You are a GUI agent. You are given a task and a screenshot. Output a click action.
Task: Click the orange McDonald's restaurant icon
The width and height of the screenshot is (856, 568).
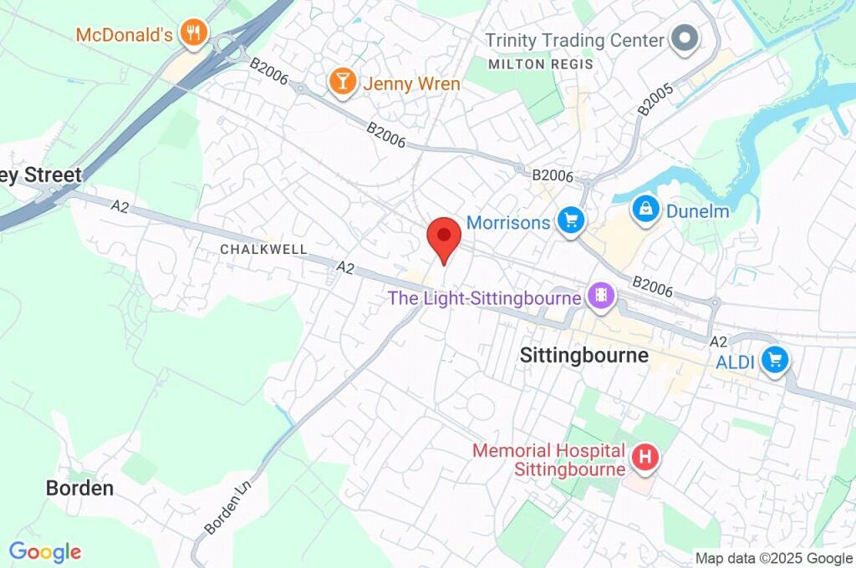195,33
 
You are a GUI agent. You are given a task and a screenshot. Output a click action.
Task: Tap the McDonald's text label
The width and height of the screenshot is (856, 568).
124,35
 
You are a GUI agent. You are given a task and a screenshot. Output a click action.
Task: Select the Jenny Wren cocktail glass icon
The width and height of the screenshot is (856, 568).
341,82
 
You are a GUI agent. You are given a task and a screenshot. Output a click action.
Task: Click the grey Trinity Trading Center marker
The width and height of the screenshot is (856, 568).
685,39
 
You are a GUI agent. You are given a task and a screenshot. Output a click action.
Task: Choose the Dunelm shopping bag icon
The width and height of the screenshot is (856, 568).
646,210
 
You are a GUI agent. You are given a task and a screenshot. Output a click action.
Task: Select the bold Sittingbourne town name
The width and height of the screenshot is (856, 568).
583,355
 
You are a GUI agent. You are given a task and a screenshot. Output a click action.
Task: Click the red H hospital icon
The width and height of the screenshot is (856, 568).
645,458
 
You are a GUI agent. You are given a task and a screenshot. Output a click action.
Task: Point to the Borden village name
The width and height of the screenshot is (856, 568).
79,488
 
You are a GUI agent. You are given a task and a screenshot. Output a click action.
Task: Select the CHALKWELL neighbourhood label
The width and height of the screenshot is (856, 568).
263,249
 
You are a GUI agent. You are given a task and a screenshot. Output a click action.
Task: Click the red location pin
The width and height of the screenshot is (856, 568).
443,237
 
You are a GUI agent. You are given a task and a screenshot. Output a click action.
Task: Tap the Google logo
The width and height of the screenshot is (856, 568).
45,552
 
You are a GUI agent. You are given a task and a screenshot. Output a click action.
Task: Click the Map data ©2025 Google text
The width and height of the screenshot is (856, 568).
773,558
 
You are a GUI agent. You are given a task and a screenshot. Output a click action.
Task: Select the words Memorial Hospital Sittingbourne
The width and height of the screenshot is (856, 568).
548,459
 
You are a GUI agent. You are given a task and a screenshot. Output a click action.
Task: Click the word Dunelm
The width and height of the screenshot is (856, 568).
697,211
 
